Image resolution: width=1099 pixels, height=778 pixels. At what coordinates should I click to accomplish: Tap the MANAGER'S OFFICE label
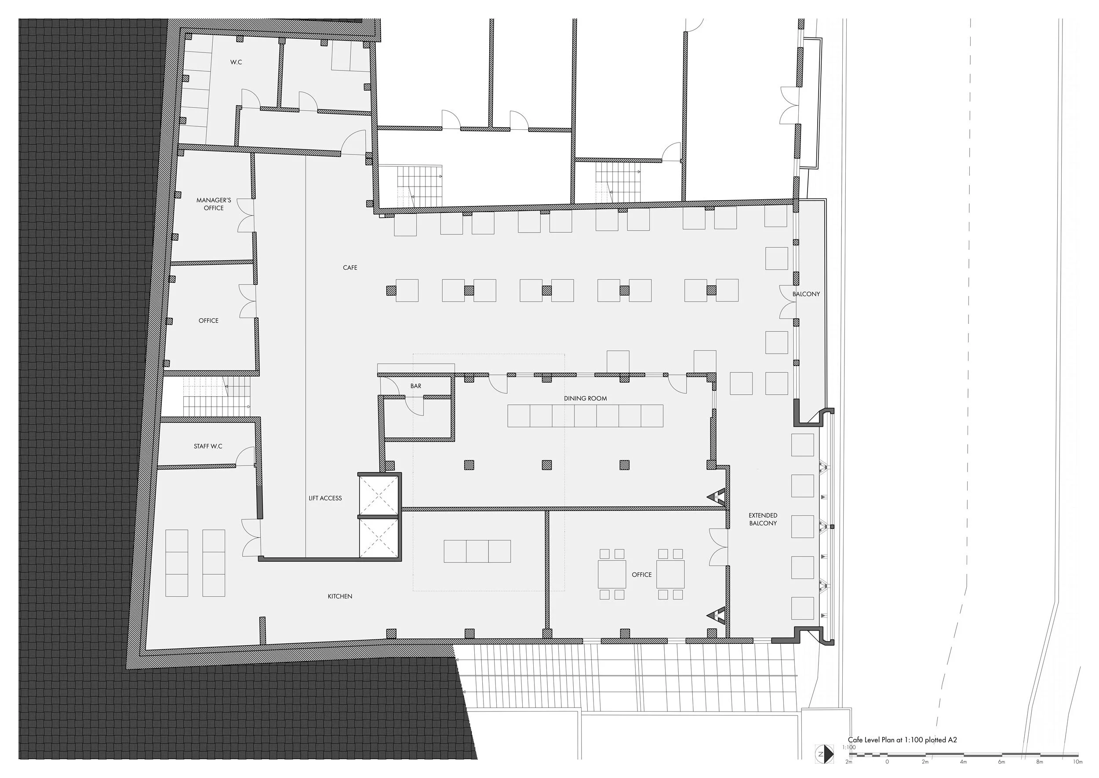(x=214, y=204)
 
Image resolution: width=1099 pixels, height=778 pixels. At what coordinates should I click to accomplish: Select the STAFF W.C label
(x=208, y=447)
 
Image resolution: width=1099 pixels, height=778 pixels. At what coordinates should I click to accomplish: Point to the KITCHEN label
(x=340, y=596)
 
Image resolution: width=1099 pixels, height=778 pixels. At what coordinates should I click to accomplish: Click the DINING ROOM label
(x=585, y=399)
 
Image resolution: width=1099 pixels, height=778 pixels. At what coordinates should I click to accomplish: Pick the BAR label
(x=415, y=386)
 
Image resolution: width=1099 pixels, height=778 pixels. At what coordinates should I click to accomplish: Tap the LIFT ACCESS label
(x=325, y=498)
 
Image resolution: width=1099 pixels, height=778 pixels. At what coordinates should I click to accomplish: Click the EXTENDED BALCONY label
(x=763, y=519)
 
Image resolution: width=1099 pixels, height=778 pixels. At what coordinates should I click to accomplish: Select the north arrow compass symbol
(x=824, y=754)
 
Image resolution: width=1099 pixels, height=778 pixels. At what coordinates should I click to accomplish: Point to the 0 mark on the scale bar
(x=887, y=762)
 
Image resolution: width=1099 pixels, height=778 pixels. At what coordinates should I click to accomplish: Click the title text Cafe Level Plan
(x=902, y=740)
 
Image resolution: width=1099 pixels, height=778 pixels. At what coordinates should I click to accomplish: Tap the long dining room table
(x=585, y=416)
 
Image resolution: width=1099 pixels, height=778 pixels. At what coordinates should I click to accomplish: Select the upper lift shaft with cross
(x=378, y=495)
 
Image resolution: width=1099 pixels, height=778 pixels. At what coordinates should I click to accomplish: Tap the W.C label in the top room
(x=236, y=62)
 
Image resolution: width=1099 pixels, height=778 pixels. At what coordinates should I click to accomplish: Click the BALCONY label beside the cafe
(x=806, y=294)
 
